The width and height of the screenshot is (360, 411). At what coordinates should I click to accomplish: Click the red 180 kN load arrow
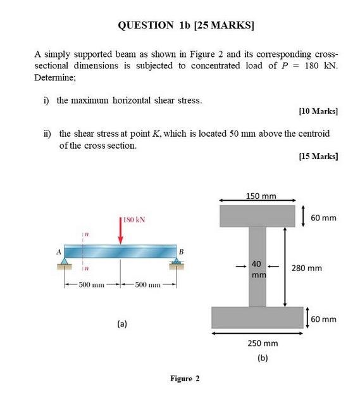(x=120, y=231)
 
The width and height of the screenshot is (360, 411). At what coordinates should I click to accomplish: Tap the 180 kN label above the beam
(x=133, y=220)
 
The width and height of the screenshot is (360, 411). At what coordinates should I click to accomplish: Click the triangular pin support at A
(x=64, y=262)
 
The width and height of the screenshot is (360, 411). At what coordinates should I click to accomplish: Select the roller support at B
(x=177, y=261)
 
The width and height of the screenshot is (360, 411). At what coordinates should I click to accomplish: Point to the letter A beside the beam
(x=59, y=252)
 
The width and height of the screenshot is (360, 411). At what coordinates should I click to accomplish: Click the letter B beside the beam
(x=181, y=252)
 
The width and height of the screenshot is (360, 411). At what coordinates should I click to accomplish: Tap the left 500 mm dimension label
(x=91, y=284)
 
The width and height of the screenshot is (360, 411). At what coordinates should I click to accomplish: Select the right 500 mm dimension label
(x=147, y=284)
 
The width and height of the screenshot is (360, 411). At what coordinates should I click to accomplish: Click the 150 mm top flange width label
(x=261, y=196)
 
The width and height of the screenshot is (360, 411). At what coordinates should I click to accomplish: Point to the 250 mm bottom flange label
(x=263, y=343)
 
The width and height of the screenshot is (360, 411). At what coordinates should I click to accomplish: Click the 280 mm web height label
(x=307, y=268)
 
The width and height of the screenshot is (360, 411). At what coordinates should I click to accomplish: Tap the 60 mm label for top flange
(x=323, y=218)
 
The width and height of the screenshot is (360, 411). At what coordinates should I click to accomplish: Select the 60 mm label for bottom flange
(x=323, y=319)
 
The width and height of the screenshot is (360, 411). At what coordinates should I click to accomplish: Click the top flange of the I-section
(x=258, y=216)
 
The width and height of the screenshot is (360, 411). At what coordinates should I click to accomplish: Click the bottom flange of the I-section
(x=258, y=317)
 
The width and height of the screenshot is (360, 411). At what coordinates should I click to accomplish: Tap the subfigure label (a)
(x=122, y=324)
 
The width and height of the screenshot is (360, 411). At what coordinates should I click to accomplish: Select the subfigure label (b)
(x=263, y=358)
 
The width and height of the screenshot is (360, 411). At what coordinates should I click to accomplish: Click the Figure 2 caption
(x=185, y=379)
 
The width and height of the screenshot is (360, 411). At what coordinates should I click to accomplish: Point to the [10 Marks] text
(x=318, y=111)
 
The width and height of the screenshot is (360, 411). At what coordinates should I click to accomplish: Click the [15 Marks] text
(x=318, y=156)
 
